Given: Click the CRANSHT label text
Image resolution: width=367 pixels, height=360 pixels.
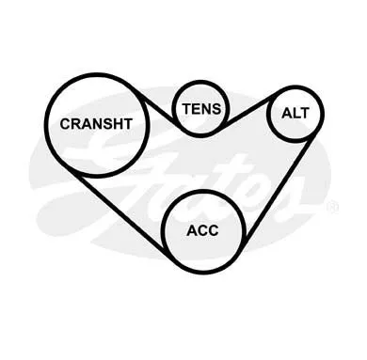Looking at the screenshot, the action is [x=96, y=124].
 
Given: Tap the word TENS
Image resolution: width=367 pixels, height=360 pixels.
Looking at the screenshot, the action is [x=202, y=109].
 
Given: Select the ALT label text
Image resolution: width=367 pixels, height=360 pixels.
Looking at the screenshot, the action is [x=295, y=113].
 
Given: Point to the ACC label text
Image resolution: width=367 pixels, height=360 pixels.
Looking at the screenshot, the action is [x=202, y=231].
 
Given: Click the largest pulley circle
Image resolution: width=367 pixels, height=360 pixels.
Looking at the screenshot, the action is [x=45, y=125].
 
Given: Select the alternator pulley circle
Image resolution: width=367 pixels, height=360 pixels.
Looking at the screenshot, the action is [x=266, y=114].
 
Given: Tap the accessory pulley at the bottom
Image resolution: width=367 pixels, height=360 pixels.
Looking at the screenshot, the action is [x=162, y=231].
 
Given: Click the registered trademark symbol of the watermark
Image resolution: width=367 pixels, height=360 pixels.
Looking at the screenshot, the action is [x=332, y=208].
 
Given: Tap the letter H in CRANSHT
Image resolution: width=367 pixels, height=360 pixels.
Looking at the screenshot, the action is [x=118, y=124].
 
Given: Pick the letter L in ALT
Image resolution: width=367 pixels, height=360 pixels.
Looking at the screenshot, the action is [x=295, y=113].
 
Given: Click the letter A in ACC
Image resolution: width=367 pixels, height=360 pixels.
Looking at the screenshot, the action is [x=192, y=231].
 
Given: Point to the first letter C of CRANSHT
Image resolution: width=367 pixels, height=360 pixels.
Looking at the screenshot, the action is [x=65, y=124].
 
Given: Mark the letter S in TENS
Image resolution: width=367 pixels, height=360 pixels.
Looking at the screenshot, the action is [x=216, y=109].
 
